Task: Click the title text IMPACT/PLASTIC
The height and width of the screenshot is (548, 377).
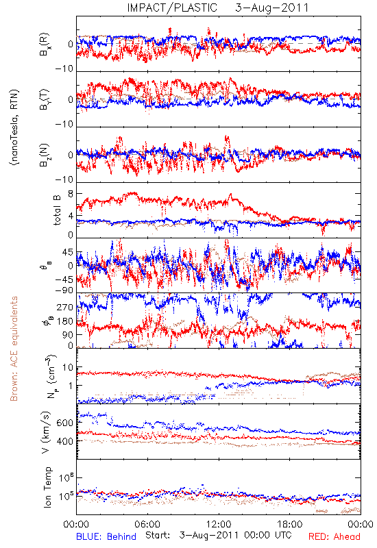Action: pos(172,8)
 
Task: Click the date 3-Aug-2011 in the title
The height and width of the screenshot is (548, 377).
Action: pos(272,8)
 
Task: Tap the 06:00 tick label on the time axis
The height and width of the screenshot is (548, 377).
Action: pos(147,524)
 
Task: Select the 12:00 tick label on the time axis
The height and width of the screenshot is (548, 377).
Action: pos(219,524)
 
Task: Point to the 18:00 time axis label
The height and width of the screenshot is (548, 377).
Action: pos(290,524)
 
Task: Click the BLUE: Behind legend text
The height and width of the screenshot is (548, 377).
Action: pos(106,536)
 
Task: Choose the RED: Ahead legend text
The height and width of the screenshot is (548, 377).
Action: pos(335,536)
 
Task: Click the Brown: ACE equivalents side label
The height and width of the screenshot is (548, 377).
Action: pos(14,349)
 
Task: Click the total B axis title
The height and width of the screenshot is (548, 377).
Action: pos(57,210)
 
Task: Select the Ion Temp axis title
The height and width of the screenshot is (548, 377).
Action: pos(47,487)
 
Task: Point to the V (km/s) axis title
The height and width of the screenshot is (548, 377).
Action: pos(46,432)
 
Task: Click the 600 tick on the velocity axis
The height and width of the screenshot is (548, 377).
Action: pos(64,423)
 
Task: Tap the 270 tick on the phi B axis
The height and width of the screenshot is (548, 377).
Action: pos(65,308)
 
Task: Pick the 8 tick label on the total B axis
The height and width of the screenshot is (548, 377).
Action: pos(71,194)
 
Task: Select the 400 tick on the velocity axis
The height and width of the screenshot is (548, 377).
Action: pos(64,441)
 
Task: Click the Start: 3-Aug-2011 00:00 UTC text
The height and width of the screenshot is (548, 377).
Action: pos(219,536)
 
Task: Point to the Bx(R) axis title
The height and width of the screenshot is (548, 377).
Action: pos(45,45)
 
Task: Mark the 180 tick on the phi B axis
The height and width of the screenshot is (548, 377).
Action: pos(65,321)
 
